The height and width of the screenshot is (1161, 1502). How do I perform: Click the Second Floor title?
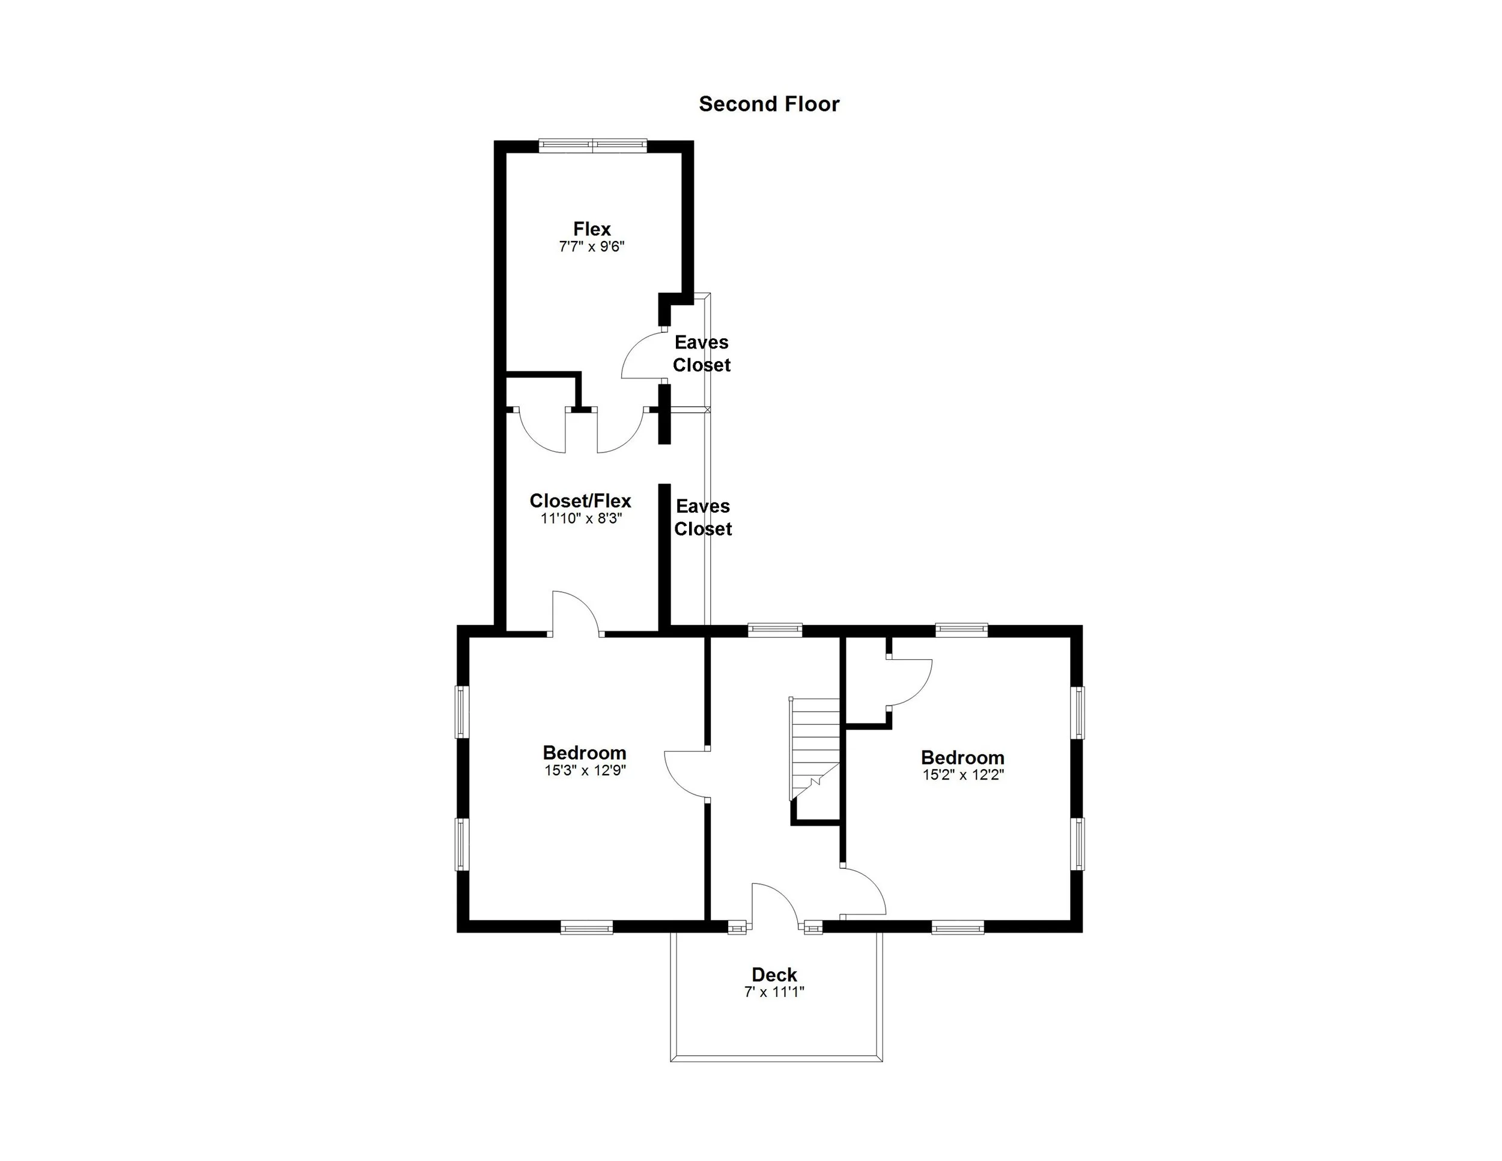[768, 104]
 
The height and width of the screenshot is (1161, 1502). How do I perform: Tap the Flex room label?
[591, 228]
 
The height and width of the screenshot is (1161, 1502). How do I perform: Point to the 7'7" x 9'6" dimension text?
[591, 246]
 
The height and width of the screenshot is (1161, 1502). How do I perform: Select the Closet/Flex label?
[580, 500]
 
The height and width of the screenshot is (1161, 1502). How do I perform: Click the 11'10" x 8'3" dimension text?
[581, 519]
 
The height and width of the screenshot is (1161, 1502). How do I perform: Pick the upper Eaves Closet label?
[701, 353]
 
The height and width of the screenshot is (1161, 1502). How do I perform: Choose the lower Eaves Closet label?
[702, 517]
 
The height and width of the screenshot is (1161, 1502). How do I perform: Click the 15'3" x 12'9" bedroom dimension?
[585, 770]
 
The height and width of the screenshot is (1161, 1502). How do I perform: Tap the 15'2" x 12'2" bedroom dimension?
[963, 775]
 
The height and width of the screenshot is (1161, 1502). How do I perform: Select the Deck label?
[774, 975]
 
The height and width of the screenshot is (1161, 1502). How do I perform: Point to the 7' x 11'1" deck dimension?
[774, 992]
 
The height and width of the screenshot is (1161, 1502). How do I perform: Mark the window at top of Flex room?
[592, 145]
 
